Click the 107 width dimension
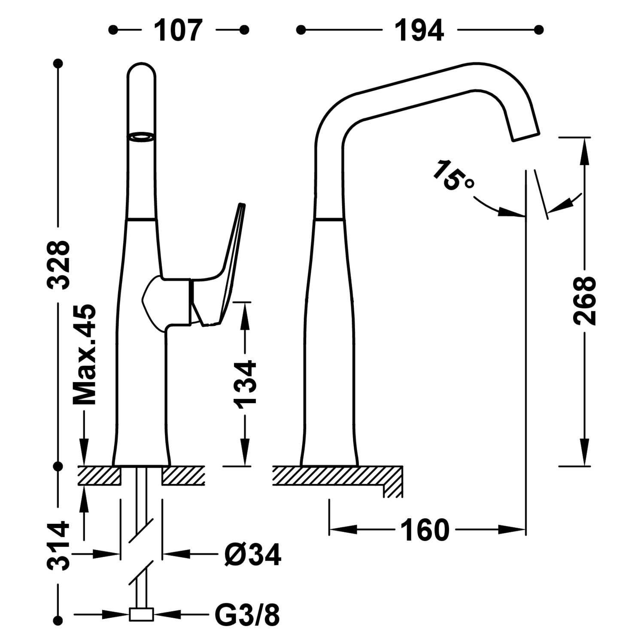click(x=178, y=30)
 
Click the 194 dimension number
click(x=419, y=30)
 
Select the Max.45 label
click(x=85, y=355)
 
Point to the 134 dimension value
click(x=245, y=383)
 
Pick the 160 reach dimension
click(x=425, y=530)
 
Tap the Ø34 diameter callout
click(x=252, y=555)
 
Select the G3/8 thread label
click(x=247, y=615)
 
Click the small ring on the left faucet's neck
click(x=141, y=137)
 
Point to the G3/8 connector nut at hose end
click(x=141, y=615)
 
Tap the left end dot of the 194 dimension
click(x=301, y=30)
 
